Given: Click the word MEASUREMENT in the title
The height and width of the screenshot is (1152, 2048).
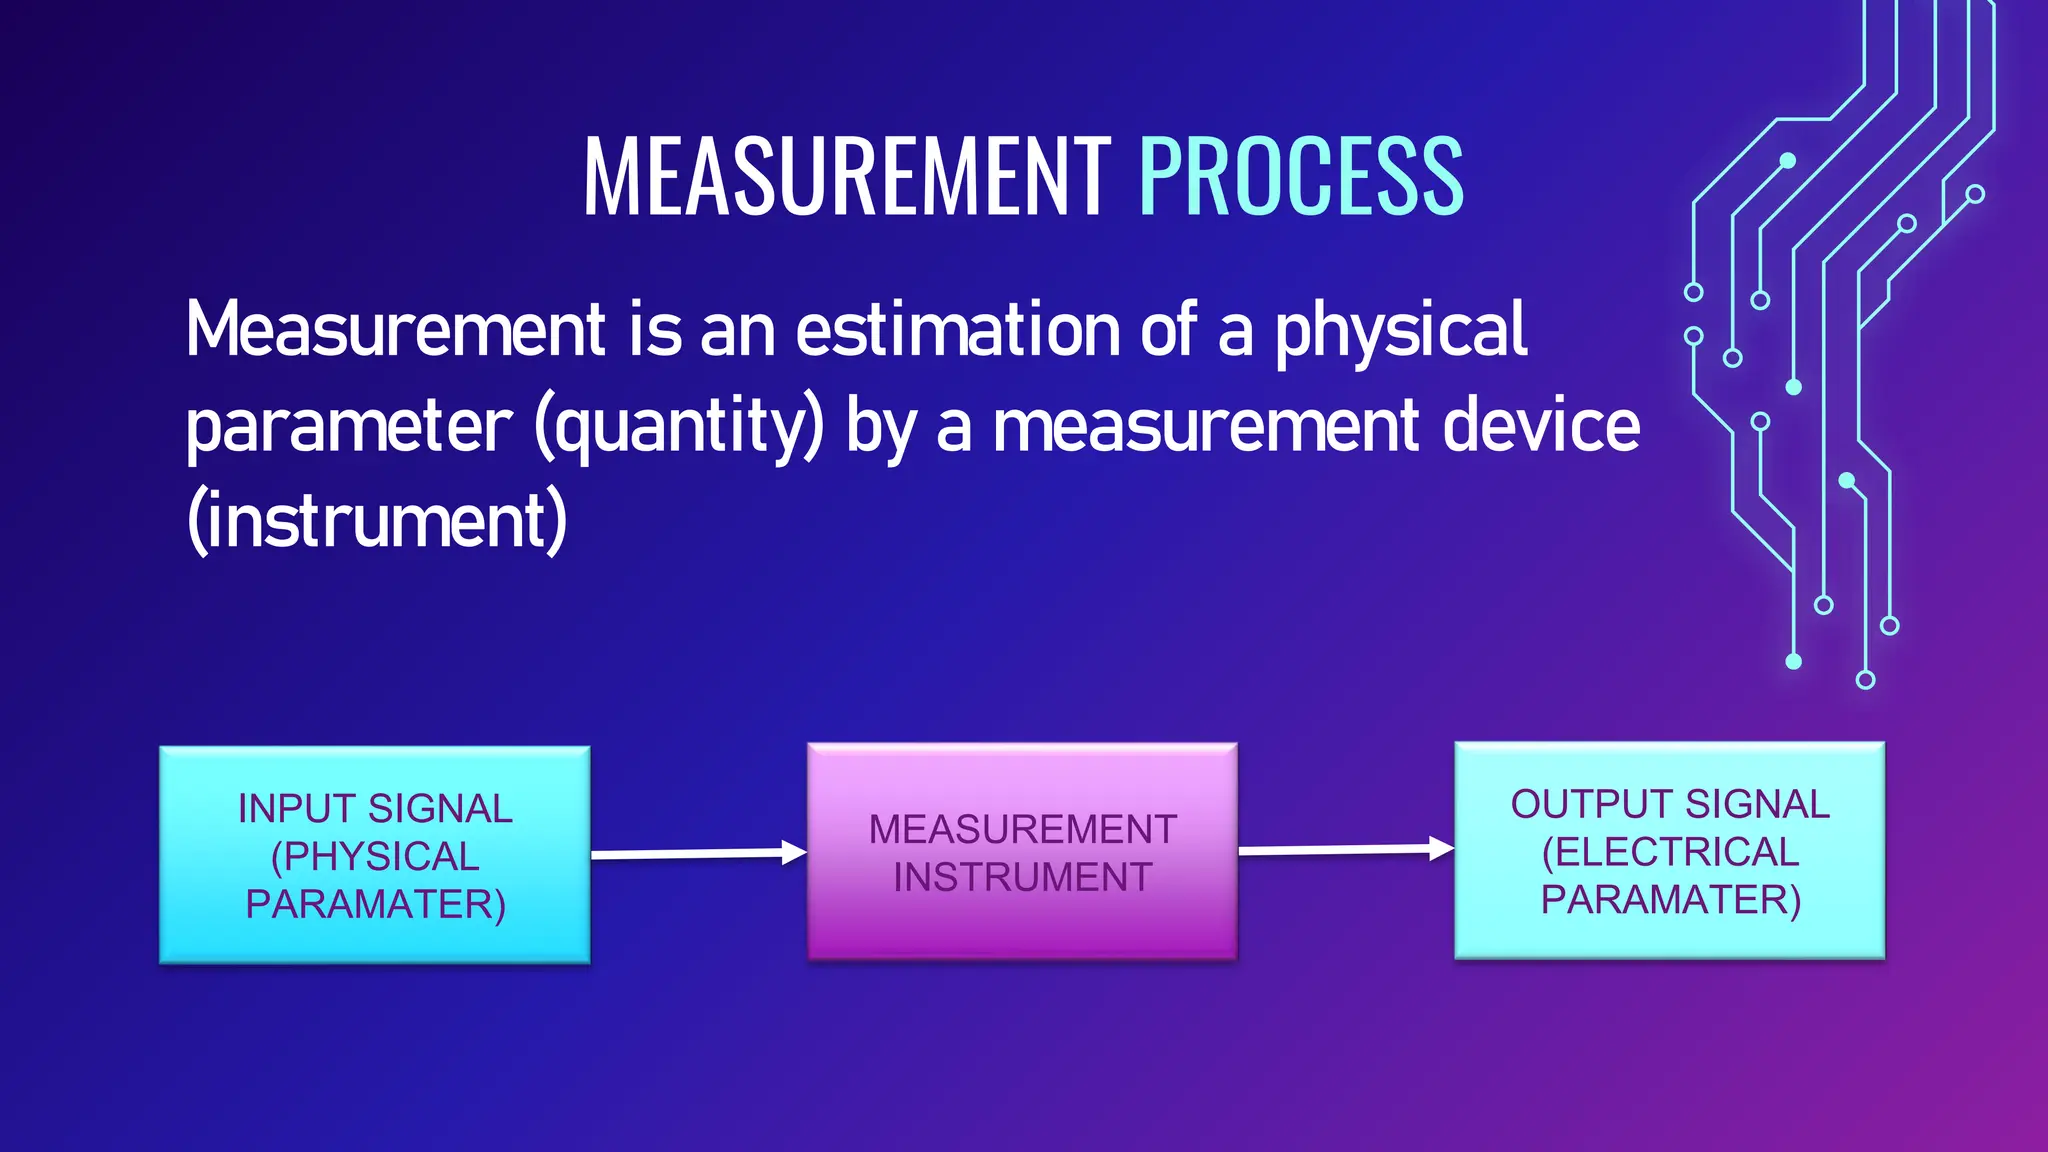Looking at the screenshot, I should (846, 177).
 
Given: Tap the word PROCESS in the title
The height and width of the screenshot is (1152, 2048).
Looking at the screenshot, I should (1301, 177).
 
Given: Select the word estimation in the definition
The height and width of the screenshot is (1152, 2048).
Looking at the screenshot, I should (957, 330).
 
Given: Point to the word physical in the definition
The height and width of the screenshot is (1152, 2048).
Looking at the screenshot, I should (1400, 330).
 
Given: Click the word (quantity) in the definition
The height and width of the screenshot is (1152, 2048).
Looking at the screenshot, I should (680, 426).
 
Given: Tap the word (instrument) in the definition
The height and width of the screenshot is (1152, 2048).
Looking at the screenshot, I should (377, 520).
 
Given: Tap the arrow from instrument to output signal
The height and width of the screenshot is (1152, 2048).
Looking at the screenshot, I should (1345, 850).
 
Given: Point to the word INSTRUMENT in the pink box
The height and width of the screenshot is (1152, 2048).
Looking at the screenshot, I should (1022, 877).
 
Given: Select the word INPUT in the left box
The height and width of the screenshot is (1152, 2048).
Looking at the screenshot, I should (296, 808).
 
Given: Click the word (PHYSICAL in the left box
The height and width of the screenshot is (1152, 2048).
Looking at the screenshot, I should (375, 856).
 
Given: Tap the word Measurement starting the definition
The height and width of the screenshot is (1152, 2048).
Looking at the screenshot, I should (395, 330).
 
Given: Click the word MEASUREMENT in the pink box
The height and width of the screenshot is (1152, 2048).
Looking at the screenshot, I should (1022, 829).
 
